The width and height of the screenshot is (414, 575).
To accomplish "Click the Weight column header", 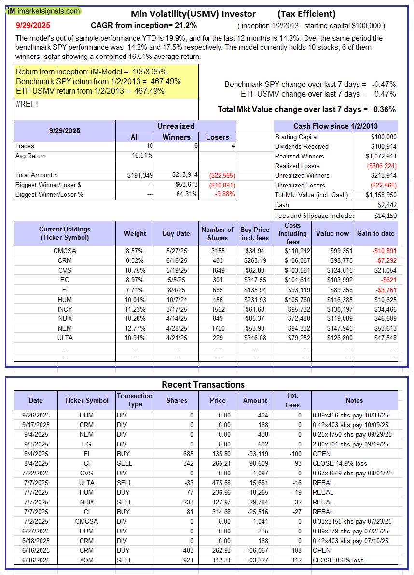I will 135,233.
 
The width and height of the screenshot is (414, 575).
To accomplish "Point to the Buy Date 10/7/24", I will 176,300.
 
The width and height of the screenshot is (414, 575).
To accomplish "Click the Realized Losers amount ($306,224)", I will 381,166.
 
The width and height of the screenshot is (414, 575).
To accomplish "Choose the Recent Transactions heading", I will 203,385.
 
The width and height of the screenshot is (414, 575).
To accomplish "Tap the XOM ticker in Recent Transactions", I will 87,560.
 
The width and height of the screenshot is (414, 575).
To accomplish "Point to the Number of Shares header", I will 218,233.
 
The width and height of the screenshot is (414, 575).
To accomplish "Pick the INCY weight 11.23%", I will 135,309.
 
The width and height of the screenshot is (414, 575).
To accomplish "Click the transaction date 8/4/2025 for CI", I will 36,463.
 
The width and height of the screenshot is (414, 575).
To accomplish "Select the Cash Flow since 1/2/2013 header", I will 335,126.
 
